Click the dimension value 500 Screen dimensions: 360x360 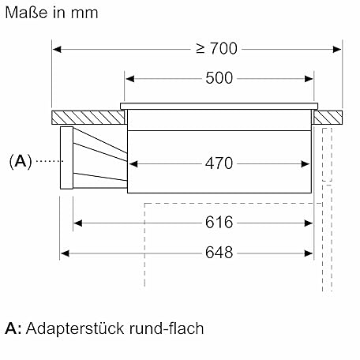pos(219,78)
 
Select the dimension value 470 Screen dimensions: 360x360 pos(219,163)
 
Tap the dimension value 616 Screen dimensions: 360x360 pos(219,223)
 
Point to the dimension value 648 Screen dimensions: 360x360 pos(219,253)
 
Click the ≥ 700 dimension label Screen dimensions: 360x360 pos(217,48)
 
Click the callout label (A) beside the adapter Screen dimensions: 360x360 pos(21,161)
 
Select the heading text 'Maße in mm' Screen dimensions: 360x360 pos(51,13)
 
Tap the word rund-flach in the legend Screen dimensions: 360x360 pos(167,328)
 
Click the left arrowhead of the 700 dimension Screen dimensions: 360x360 pos(57,49)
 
